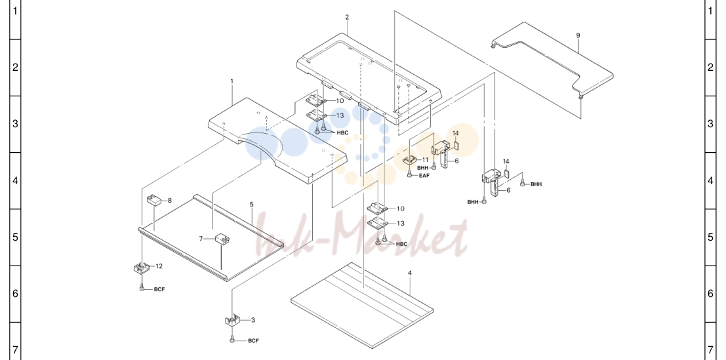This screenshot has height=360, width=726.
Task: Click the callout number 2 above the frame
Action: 347,18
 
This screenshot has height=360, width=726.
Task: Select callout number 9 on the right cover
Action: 578,35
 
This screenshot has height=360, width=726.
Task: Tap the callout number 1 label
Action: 232,81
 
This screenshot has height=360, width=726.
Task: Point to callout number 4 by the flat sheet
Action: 410,273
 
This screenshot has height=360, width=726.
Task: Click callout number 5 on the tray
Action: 251,205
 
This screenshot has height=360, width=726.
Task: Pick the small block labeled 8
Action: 153,201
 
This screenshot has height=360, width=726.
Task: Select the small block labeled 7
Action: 223,239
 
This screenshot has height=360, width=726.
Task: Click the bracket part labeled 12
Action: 141,268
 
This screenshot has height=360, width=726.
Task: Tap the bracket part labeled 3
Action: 232,320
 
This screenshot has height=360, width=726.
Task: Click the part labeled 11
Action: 410,160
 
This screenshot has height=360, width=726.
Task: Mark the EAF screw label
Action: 424,176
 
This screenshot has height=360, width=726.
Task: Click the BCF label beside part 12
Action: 159,290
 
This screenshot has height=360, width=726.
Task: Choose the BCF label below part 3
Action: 253,341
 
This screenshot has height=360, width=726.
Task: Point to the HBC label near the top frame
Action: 342,133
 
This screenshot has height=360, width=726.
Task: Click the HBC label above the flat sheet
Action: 402,245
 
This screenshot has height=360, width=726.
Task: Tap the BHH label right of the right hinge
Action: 536,185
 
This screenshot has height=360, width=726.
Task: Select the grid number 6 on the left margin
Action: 15,293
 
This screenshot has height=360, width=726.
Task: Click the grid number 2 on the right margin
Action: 711,68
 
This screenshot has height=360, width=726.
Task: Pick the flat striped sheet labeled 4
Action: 362,306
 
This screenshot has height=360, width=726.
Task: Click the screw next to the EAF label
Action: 409,174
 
